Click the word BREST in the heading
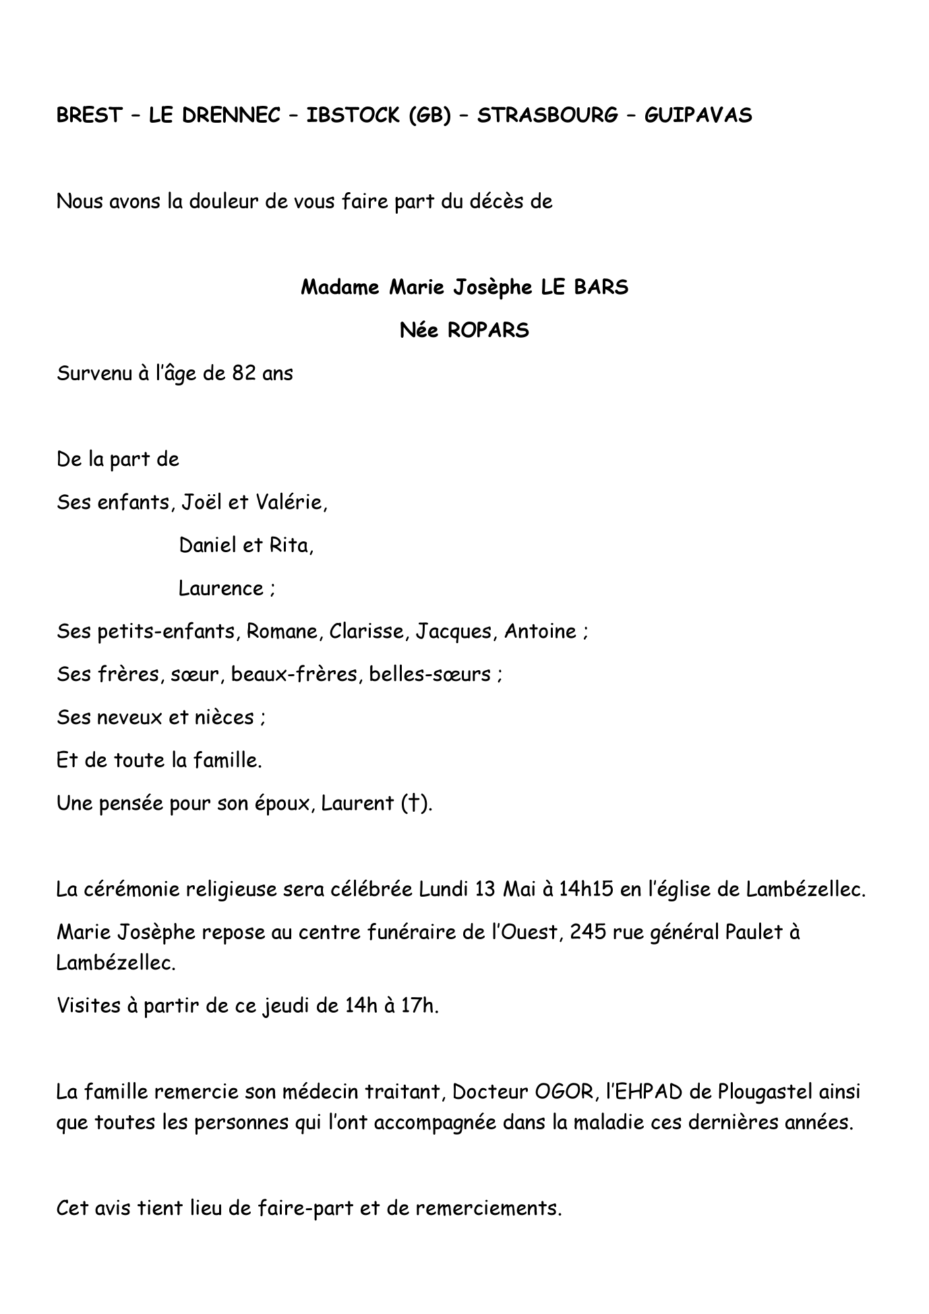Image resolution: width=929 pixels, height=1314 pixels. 89,115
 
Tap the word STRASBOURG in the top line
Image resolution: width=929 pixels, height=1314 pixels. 547,115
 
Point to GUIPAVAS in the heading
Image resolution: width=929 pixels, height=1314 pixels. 698,115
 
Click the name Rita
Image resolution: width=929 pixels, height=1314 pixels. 291,545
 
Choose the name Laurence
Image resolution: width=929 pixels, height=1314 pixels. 221,589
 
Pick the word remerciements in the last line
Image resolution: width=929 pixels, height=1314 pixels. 488,1207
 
